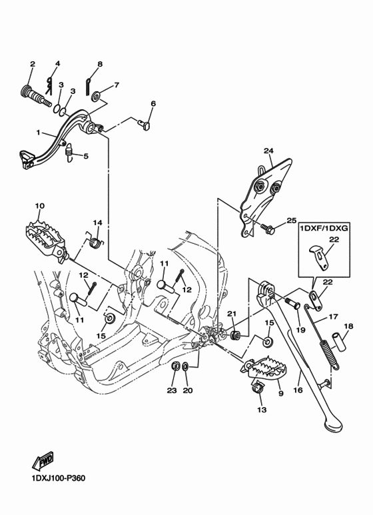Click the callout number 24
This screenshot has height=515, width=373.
268,151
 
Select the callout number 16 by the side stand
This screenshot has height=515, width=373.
298,391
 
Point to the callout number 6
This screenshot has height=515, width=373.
153,104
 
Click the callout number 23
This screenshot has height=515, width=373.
172,390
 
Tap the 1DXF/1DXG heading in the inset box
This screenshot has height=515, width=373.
328,227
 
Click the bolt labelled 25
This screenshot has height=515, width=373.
268,229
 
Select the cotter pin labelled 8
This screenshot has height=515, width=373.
89,83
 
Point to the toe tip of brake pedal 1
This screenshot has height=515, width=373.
25,158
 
